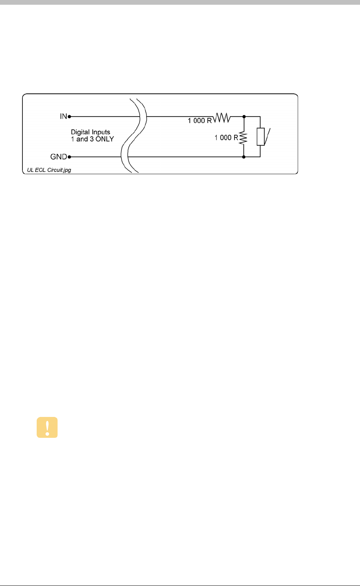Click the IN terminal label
pos(63,117)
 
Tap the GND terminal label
pos(58,157)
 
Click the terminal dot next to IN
pos(69,117)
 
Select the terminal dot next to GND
pos(69,157)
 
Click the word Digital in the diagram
pos(80,132)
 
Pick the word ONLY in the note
pos(104,139)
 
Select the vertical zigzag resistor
pos(244,138)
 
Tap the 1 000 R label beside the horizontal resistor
pos(200,121)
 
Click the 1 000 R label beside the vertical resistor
pos(226,138)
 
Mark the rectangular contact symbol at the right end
pos(260,137)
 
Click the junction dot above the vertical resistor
pos(244,117)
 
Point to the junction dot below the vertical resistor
pos(244,157)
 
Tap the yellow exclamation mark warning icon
pos(47,428)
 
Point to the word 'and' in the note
pos(82,139)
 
